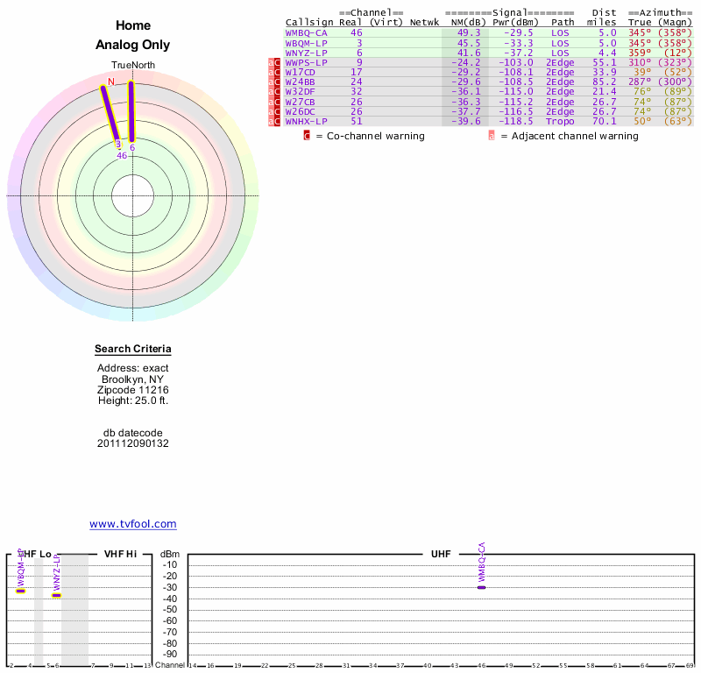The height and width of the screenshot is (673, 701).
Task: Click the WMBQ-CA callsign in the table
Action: (303, 32)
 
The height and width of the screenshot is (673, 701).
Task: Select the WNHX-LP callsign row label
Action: (307, 121)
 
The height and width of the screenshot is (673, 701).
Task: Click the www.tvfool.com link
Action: (133, 524)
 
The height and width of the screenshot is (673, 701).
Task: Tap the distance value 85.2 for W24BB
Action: (604, 81)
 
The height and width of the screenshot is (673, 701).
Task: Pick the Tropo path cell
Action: (561, 121)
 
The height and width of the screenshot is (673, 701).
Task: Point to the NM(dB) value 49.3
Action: (469, 32)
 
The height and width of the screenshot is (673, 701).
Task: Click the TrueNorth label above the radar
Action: (133, 66)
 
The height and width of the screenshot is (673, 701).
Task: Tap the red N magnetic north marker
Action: (110, 81)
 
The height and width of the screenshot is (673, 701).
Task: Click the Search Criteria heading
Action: (133, 350)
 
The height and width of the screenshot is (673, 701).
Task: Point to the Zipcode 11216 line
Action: (133, 390)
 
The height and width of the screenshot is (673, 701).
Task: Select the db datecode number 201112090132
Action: (133, 443)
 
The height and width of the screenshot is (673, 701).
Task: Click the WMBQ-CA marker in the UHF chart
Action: (481, 586)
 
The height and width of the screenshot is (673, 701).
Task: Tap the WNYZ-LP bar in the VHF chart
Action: (56, 595)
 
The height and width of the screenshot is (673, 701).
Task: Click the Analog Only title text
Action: (133, 45)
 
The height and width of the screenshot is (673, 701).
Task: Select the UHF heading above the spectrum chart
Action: (441, 554)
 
